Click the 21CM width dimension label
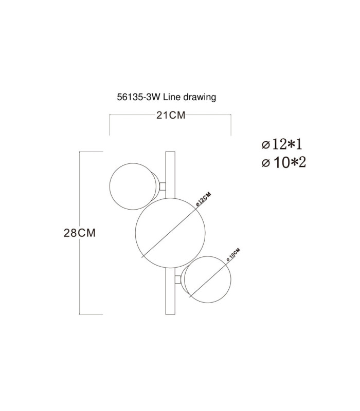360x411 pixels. [x=171, y=115]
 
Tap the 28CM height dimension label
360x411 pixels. [x=80, y=233]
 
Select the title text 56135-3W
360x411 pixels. [x=138, y=97]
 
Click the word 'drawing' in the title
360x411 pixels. [x=200, y=97]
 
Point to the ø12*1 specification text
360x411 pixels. [x=282, y=144]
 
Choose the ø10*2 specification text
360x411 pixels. [x=284, y=162]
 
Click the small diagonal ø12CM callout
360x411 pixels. [x=204, y=199]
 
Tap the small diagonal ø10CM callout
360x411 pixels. [x=233, y=254]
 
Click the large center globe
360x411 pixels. [x=170, y=233]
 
